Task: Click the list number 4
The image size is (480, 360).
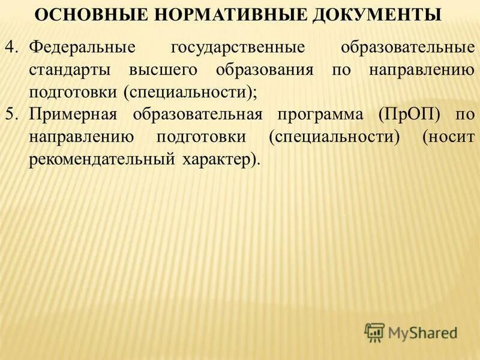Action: [x=13, y=47]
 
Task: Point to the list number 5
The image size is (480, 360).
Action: [x=13, y=115]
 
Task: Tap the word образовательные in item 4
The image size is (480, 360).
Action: [x=407, y=47]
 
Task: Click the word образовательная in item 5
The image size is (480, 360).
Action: [x=198, y=115]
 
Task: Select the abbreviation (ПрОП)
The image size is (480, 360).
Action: [x=410, y=115]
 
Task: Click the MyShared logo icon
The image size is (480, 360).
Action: [x=374, y=332]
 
